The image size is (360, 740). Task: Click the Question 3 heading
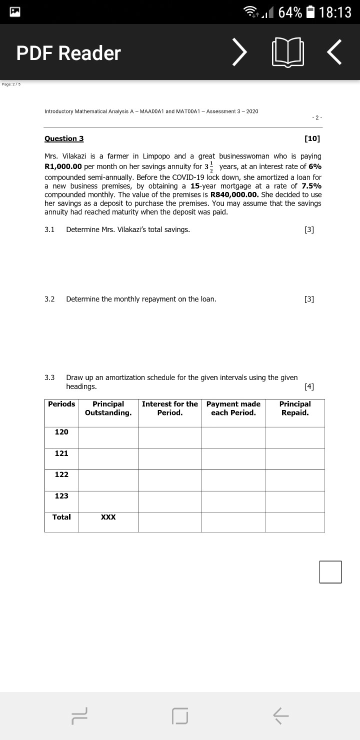[64, 138]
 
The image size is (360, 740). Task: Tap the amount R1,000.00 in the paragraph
[63, 166]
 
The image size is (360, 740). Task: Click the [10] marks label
[312, 138]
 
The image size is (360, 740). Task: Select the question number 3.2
[49, 299]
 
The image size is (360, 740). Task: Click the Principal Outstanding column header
[108, 408]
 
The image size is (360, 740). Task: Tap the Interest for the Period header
[170, 408]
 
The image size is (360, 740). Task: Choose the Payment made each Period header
[233, 408]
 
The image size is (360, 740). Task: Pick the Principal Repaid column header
[295, 408]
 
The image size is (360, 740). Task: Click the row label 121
[61, 453]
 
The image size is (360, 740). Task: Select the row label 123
[61, 495]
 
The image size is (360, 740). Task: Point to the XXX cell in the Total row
[108, 517]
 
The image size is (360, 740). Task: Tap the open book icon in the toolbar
[288, 53]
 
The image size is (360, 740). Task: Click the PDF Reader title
[68, 53]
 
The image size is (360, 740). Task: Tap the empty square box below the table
[330, 571]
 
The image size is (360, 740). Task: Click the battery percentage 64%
[290, 12]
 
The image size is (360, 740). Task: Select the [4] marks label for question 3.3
[309, 386]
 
